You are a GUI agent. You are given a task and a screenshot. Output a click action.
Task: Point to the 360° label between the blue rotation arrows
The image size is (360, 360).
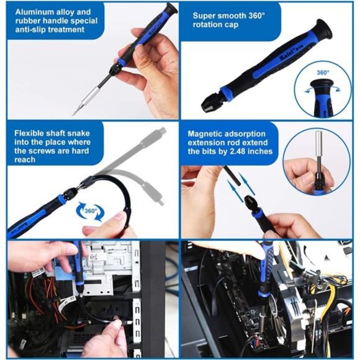[x=91, y=211]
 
